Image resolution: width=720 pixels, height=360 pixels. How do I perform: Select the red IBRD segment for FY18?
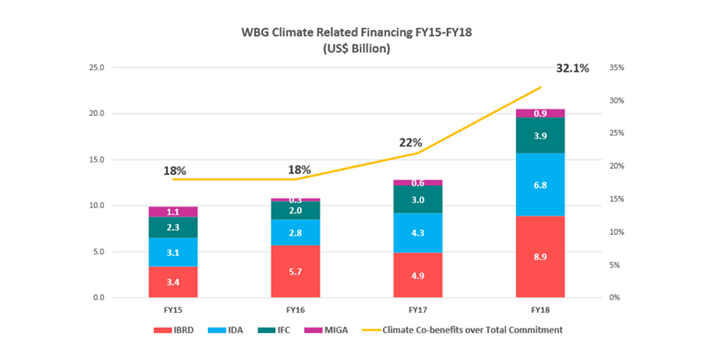coord(540,256)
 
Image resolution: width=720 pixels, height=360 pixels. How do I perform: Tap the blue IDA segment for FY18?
coord(540,184)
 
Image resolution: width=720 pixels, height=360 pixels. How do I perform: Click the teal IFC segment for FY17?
coord(418,200)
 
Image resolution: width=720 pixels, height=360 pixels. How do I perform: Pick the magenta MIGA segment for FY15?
coord(174,212)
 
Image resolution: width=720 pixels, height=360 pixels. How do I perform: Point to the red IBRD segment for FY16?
coord(296,271)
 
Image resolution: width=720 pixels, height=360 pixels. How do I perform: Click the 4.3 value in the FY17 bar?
coord(418,233)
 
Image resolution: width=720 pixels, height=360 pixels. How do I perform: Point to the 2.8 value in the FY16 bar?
coord(296,233)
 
